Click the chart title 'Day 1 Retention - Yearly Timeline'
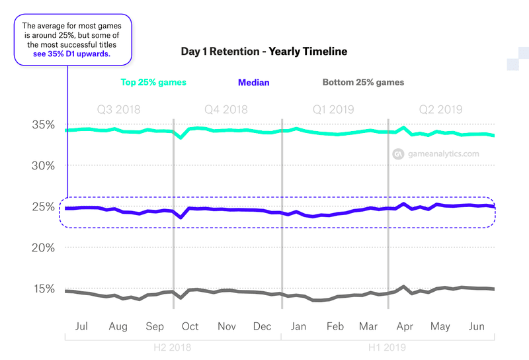pos(264,51)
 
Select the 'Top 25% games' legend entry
pos(153,83)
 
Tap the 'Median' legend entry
pos(253,83)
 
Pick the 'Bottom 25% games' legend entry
pos(363,83)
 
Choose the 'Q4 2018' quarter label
pos(226,109)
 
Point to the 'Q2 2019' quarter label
pos(440,109)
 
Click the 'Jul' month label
pos(83,326)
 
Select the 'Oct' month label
pos(190,326)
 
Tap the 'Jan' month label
pos(298,326)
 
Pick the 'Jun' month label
pos(476,326)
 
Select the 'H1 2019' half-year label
pos(387,347)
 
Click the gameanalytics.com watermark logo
pos(399,154)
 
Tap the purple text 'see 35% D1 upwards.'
pos(72,55)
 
